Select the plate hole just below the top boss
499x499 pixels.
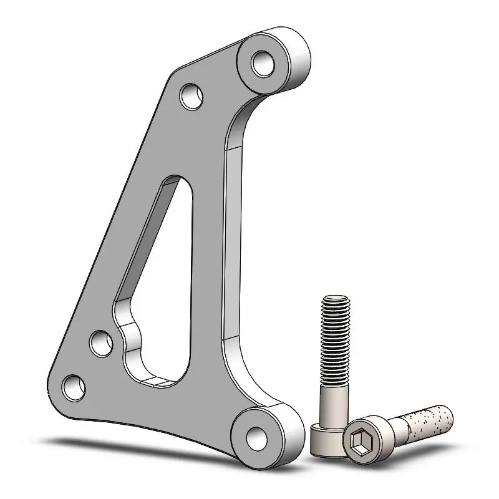191,95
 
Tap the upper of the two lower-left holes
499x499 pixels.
101,342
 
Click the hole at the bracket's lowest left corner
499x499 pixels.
74,387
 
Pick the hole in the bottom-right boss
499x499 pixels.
256,436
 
